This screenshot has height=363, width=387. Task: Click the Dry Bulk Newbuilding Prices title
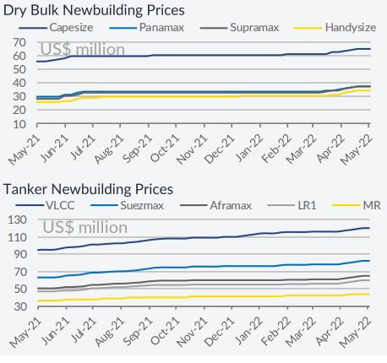[x=94, y=10]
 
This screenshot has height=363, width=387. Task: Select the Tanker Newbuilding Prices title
[x=88, y=189]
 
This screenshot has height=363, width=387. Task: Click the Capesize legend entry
[x=56, y=28]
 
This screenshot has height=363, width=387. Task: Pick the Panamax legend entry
[x=146, y=28]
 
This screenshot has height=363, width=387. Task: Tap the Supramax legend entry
[x=239, y=28]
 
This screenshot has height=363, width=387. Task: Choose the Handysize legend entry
[x=335, y=28]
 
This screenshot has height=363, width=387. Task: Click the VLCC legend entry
[x=45, y=205]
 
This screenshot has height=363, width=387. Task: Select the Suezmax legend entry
[x=128, y=205]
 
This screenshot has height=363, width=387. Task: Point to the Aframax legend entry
[x=215, y=205]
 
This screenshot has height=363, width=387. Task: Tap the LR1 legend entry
[x=292, y=205]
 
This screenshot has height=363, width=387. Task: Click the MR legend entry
[x=357, y=205]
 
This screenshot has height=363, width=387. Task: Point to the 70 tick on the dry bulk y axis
[x=19, y=43]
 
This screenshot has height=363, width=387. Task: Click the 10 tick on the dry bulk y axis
[x=19, y=124]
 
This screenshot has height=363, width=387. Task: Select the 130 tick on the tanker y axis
[x=17, y=219]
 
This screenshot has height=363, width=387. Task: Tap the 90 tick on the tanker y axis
[x=20, y=254]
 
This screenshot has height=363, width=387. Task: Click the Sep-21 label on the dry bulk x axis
[x=137, y=149]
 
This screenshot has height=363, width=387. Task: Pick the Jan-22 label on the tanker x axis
[x=248, y=331]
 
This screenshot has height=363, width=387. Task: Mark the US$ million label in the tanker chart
[x=85, y=227]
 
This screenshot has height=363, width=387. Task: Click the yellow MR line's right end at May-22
[x=369, y=295]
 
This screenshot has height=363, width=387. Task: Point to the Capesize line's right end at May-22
[x=370, y=49]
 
